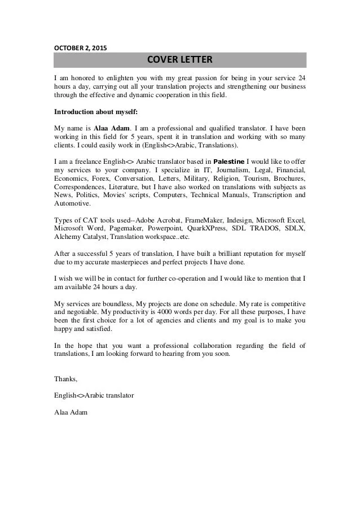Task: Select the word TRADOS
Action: pyautogui.click(x=266, y=228)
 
